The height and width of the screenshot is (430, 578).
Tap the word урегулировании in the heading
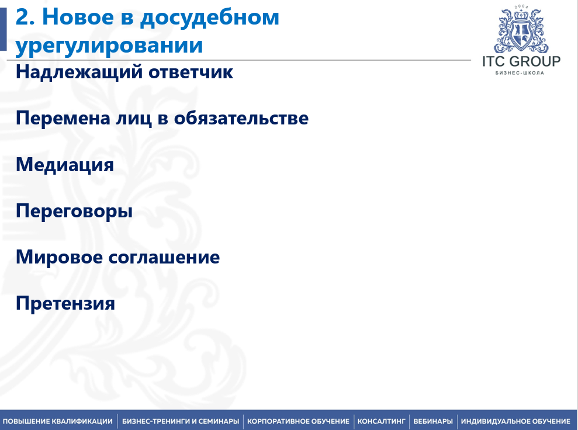pos(109,46)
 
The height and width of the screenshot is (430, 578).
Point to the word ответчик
pos(191,72)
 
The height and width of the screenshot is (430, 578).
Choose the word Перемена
pos(63,118)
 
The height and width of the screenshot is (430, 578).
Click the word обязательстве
pos(241,118)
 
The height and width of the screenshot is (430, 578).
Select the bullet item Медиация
pos(65,165)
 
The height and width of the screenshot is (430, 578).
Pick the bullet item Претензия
pos(65,304)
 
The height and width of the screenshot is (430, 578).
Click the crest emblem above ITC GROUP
pos(521,29)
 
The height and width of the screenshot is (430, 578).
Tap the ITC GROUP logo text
pos(521,61)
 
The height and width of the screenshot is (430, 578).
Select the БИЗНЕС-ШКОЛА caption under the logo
pos(520,73)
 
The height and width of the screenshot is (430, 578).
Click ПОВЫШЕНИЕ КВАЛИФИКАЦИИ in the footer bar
pos(57,421)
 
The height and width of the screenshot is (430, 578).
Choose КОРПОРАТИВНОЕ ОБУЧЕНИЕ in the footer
pos(298,421)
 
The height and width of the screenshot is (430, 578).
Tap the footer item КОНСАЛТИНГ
pos(381,421)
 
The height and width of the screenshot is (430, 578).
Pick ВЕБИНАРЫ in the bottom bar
pos(433,421)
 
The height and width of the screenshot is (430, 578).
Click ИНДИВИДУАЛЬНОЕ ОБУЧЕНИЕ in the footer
pos(515,421)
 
